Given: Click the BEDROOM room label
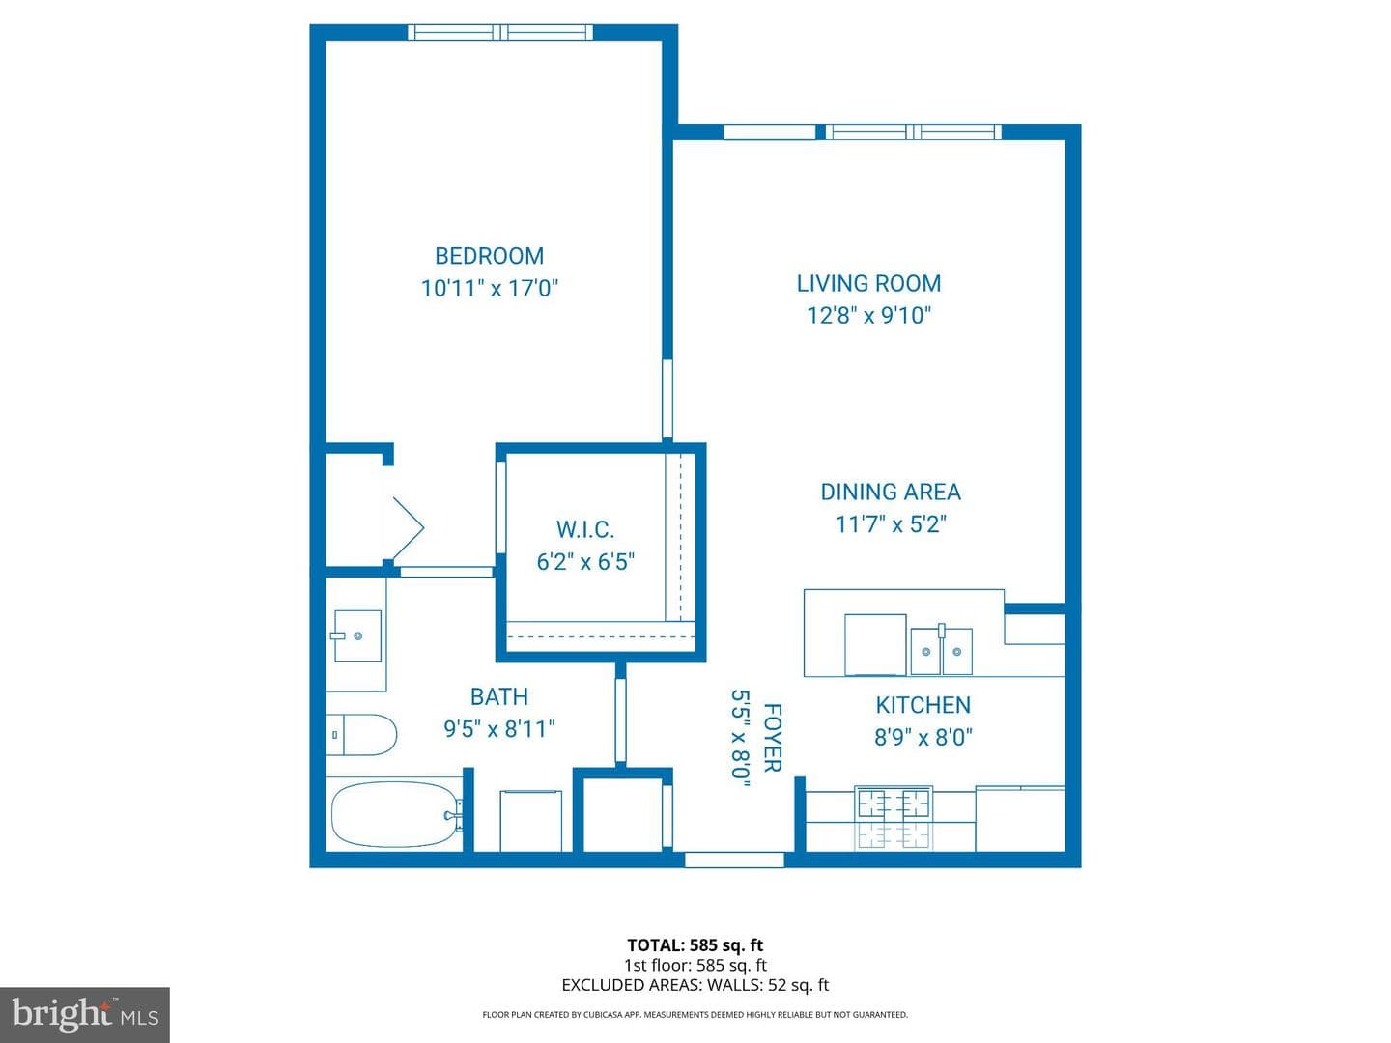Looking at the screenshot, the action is coord(489,256).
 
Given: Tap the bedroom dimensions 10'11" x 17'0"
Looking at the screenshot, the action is coord(489,288).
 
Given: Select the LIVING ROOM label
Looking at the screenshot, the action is coord(868,283).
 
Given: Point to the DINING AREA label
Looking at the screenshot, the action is coord(891,493).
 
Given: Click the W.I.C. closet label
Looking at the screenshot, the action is coord(585,529).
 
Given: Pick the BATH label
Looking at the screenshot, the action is coord(498,696).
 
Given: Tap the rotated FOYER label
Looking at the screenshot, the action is coord(773,738).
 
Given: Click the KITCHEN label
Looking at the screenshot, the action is coord(923,705).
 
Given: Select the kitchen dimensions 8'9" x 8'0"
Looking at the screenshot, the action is coord(923,737).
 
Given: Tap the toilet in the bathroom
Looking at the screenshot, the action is coord(361,735).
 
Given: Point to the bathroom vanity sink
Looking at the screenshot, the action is coord(356,635).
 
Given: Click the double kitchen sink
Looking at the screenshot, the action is coord(941,650).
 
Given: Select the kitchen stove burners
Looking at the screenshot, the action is coord(893,817).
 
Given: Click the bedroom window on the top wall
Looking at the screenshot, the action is coord(500,32).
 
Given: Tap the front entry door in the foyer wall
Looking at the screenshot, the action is coord(734,860).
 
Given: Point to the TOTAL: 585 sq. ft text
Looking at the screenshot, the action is coord(695,945).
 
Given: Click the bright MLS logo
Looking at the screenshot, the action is coord(85,1014).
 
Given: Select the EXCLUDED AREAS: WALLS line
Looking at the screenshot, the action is coord(695,985).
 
